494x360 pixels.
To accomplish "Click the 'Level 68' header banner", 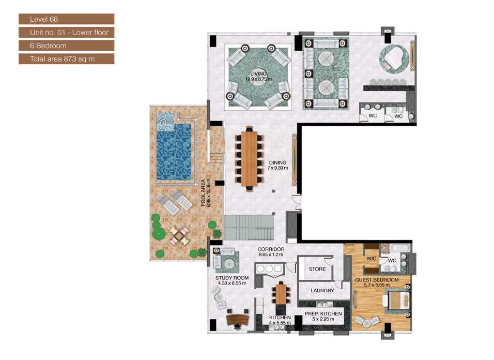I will pos(66,19).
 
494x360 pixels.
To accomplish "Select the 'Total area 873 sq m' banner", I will pos(66,58).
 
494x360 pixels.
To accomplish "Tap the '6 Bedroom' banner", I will pos(66,46).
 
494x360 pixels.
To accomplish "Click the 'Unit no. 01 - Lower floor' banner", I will pos(66,32).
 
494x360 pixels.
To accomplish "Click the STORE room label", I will pos(317,269).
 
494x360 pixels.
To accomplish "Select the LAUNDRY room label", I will pos(322,291).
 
